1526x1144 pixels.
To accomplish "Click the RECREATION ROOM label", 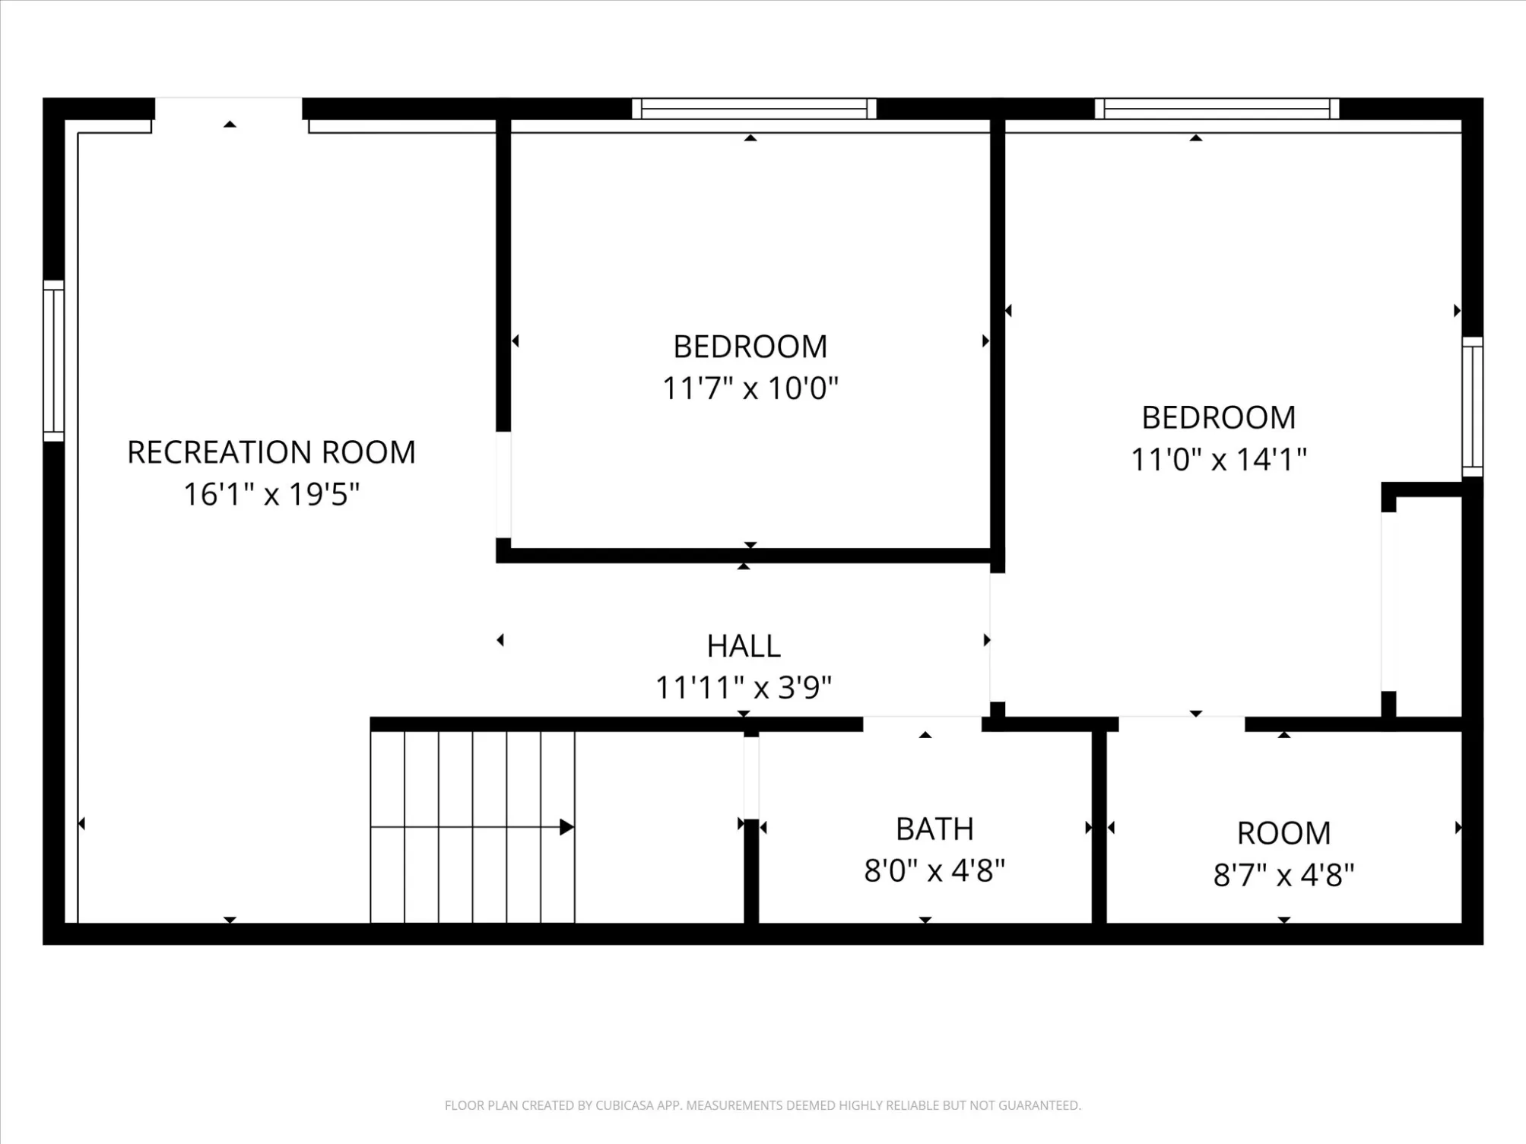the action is (271, 452).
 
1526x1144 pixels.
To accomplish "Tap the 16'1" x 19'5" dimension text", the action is (271, 494).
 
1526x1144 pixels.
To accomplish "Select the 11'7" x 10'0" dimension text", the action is (750, 388).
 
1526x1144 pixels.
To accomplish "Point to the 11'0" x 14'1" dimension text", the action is (1219, 459).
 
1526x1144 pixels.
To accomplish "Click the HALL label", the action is (744, 646).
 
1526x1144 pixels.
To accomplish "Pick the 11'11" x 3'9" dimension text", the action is (744, 688).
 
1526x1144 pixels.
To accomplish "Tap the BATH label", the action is (934, 829).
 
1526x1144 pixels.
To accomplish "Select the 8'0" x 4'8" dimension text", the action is (934, 871).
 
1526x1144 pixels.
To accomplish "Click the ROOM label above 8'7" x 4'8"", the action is (1284, 834).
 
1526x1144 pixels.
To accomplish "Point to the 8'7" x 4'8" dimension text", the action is (1284, 876).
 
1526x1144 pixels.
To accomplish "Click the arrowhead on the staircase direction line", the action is (566, 827).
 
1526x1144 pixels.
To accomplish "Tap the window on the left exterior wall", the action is (53, 361).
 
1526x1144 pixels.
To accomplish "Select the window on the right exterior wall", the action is (1473, 407).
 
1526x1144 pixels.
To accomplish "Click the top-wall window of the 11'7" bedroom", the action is (754, 109).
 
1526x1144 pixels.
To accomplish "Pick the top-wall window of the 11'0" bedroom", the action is (1217, 109).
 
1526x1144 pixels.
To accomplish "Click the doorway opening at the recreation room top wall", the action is (229, 109).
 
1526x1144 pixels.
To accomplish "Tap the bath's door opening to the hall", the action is (922, 724).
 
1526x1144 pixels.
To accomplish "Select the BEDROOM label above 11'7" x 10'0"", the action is (750, 347).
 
